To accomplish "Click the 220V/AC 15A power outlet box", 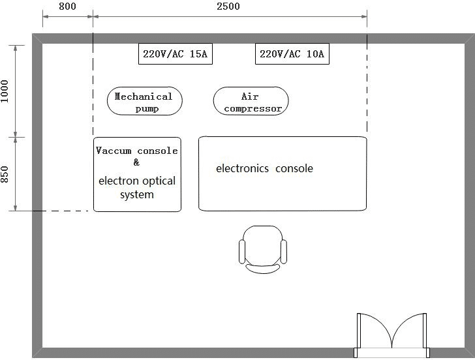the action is coord(176,54).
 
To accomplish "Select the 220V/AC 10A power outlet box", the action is coord(292,54).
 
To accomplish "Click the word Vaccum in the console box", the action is coord(114,151).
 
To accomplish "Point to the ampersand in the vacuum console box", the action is coord(136,162).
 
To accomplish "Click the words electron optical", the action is coord(137,181).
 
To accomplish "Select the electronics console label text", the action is coord(264,168).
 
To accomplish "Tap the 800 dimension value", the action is coord(67,6).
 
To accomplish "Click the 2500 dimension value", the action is coord(228,6).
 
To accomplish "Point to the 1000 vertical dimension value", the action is coord(5,91).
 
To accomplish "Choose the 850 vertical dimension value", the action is coord(5,174).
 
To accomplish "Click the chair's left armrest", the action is coord(241,252).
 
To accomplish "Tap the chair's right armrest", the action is coord(284,252).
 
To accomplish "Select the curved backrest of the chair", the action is coord(263,269).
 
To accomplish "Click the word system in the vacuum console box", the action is coord(137,195).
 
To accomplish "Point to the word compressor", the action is coord(253,109).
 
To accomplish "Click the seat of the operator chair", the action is coord(263,245).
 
